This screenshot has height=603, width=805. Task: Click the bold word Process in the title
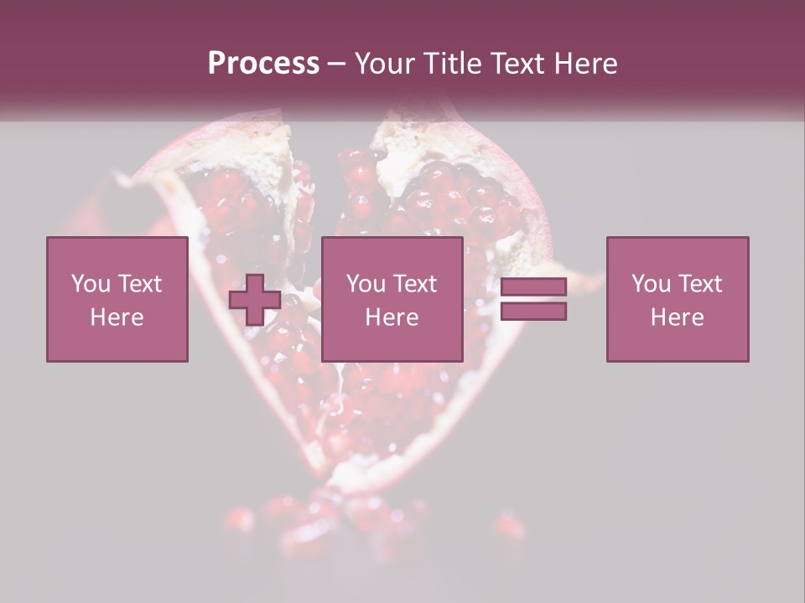pyautogui.click(x=263, y=64)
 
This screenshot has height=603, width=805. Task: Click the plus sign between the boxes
pyautogui.click(x=255, y=300)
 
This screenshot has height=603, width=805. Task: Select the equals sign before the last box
pyautogui.click(x=533, y=299)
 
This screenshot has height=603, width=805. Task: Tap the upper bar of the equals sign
pyautogui.click(x=533, y=287)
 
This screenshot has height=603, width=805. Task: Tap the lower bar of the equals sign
pyautogui.click(x=533, y=312)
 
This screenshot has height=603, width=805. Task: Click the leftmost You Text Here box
pyautogui.click(x=117, y=299)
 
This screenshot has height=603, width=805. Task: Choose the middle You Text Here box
pyautogui.click(x=392, y=299)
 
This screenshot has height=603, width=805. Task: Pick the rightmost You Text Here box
pyautogui.click(x=678, y=299)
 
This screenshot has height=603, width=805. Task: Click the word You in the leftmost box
pyautogui.click(x=90, y=284)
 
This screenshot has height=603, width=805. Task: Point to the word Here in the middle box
pyautogui.click(x=392, y=317)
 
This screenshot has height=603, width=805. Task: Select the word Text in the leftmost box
pyautogui.click(x=138, y=284)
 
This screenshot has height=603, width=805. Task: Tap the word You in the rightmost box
pyautogui.click(x=651, y=284)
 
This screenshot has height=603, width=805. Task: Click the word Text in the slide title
pyautogui.click(x=517, y=64)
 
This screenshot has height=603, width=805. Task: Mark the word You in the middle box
pyautogui.click(x=366, y=284)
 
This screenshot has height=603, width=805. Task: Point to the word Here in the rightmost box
pyautogui.click(x=678, y=317)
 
